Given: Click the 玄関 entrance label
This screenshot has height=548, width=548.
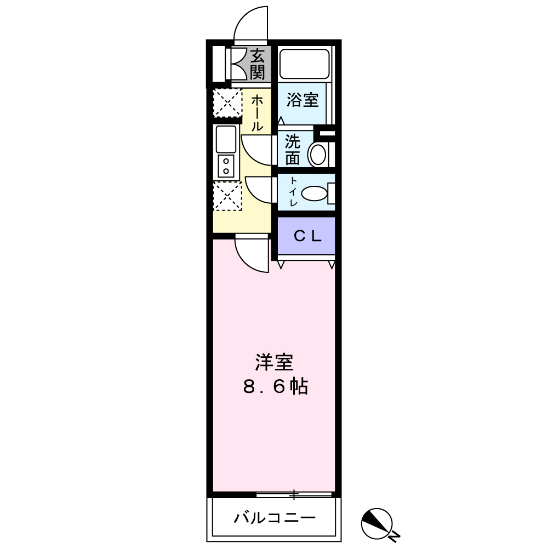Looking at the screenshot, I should pyautogui.click(x=258, y=64).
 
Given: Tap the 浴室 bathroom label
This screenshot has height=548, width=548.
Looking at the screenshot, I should pyautogui.click(x=302, y=101).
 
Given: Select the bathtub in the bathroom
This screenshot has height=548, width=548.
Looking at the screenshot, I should pyautogui.click(x=304, y=64).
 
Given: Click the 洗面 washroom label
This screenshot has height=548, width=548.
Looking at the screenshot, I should pyautogui.click(x=292, y=150).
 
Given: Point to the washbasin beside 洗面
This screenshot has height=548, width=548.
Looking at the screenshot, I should pyautogui.click(x=317, y=154).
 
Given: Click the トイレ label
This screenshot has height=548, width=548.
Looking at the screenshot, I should pyautogui.click(x=293, y=192).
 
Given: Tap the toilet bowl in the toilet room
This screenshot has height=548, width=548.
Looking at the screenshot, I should pyautogui.click(x=315, y=193).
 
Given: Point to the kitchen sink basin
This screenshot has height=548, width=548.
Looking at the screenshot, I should pyautogui.click(x=226, y=139).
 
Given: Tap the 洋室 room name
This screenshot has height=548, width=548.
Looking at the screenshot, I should pyautogui.click(x=274, y=363).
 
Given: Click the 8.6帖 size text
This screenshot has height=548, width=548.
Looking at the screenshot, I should pyautogui.click(x=275, y=387).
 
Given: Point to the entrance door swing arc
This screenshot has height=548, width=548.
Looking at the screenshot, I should pyautogui.click(x=249, y=25).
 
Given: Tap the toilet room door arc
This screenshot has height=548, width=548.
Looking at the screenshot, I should pyautogui.click(x=259, y=190).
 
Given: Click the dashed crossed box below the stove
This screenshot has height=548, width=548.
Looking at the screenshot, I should pyautogui.click(x=227, y=196).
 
